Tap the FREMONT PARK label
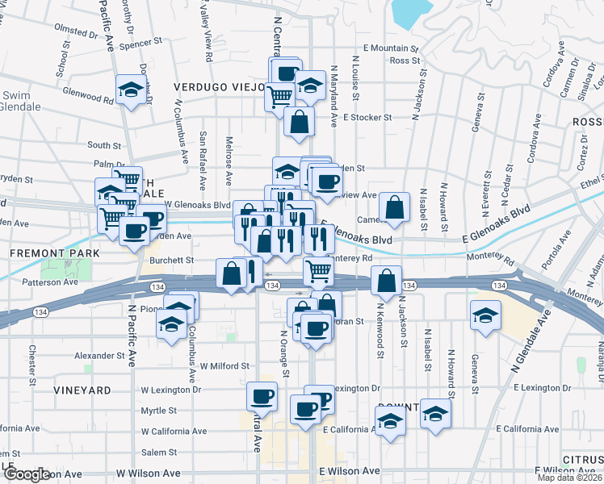click(x=55, y=253)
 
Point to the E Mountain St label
click(x=392, y=48)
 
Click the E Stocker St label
click(x=367, y=117)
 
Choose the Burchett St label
click(x=176, y=261)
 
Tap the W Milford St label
click(x=224, y=366)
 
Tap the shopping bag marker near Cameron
click(x=394, y=207)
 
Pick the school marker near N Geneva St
click(x=485, y=315)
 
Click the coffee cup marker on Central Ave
click(x=262, y=397)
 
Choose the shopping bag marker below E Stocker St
click(x=299, y=123)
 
